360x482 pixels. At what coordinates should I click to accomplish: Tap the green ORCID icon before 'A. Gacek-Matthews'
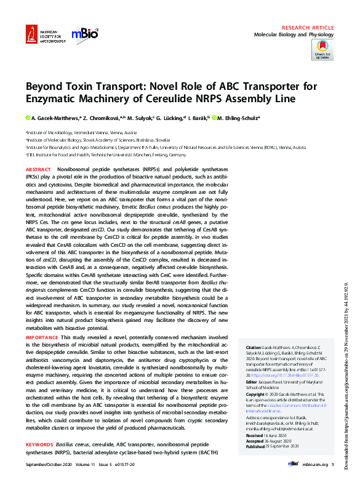[x=28, y=118]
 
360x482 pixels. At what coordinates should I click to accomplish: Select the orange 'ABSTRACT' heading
[x=39, y=169]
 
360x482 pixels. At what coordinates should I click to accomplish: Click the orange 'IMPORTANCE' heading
[x=43, y=337]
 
